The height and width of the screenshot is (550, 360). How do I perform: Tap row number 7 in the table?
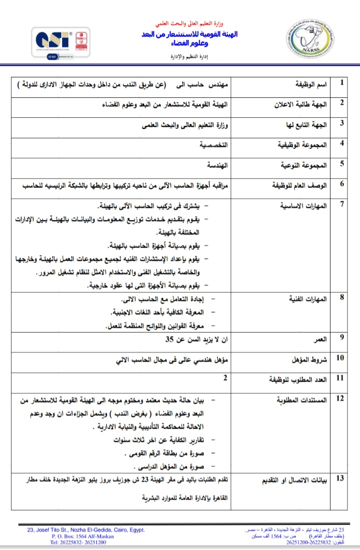click(341, 204)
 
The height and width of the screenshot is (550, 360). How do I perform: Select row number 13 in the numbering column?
click(340, 479)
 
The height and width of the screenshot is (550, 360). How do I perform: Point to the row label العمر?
click(319, 339)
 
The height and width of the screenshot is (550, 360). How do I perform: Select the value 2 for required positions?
click(225, 378)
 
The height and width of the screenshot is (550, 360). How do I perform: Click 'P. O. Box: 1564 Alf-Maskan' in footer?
click(82, 536)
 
